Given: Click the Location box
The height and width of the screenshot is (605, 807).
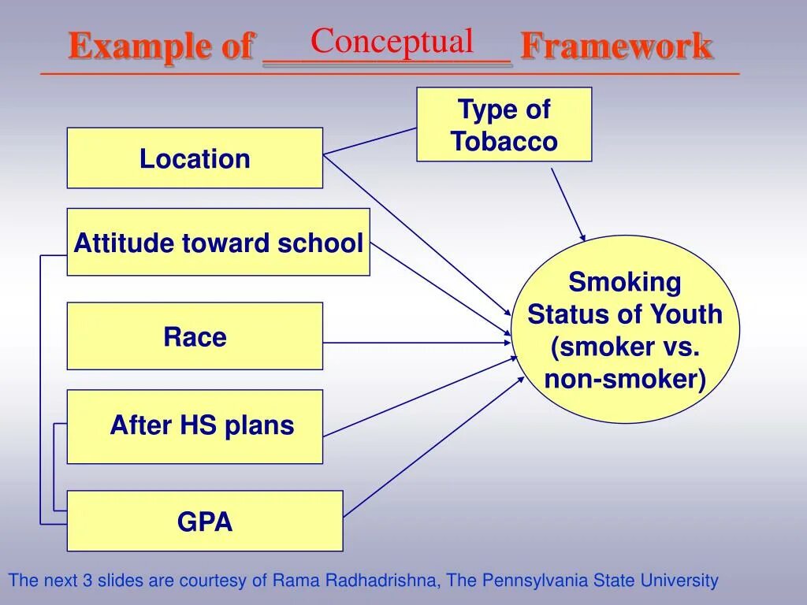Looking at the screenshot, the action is coord(195,158).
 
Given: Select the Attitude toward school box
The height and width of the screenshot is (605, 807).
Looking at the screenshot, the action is coord(218,243).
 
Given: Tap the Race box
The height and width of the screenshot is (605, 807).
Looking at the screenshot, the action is coord(195,336).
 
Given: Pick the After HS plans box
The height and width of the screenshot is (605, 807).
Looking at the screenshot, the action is coord(195,426).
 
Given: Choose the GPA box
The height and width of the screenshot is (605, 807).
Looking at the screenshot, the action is coord(205,521).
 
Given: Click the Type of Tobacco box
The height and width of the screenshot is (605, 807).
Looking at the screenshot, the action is coord(504,124).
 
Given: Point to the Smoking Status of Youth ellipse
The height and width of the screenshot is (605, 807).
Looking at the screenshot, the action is coord(625,329).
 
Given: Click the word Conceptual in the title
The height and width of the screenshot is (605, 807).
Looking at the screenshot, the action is coord(392,41).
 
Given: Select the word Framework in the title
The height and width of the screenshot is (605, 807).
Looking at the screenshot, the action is coord(616,46).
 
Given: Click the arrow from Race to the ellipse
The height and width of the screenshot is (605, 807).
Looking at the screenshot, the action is coord(418,343).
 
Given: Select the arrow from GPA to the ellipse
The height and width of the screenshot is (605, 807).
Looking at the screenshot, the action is coord(433,447).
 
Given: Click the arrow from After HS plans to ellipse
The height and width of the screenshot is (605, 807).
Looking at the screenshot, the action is coord(418,397).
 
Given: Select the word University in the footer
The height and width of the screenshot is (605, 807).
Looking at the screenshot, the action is coord(679,581).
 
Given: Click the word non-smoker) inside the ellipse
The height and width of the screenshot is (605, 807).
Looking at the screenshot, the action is coord(625,380).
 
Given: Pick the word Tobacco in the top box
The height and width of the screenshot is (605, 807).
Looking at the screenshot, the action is coord(504,142).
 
